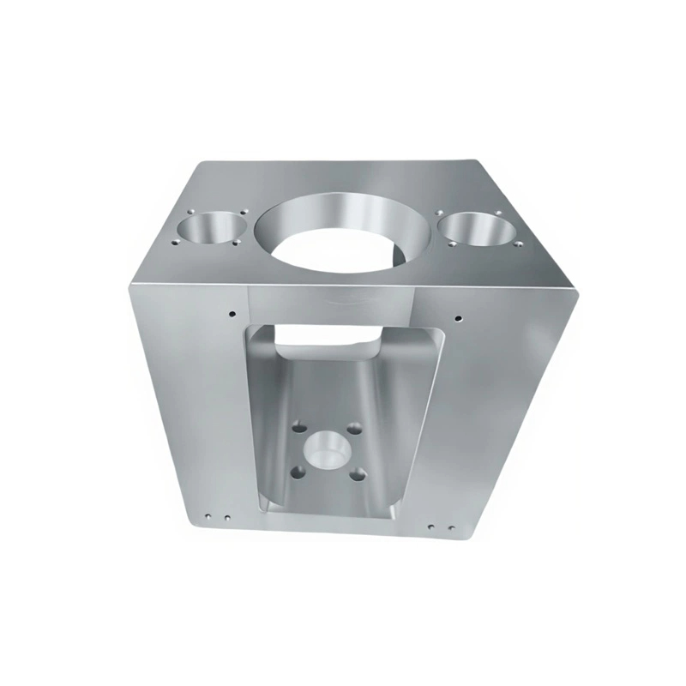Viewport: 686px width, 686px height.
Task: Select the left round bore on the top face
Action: tap(209, 230)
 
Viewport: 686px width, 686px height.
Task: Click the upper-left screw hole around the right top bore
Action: tap(439, 210)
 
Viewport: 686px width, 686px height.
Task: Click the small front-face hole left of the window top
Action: tap(232, 312)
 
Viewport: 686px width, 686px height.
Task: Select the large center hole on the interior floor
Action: tap(327, 448)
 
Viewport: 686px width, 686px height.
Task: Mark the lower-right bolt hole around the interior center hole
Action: tap(358, 472)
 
